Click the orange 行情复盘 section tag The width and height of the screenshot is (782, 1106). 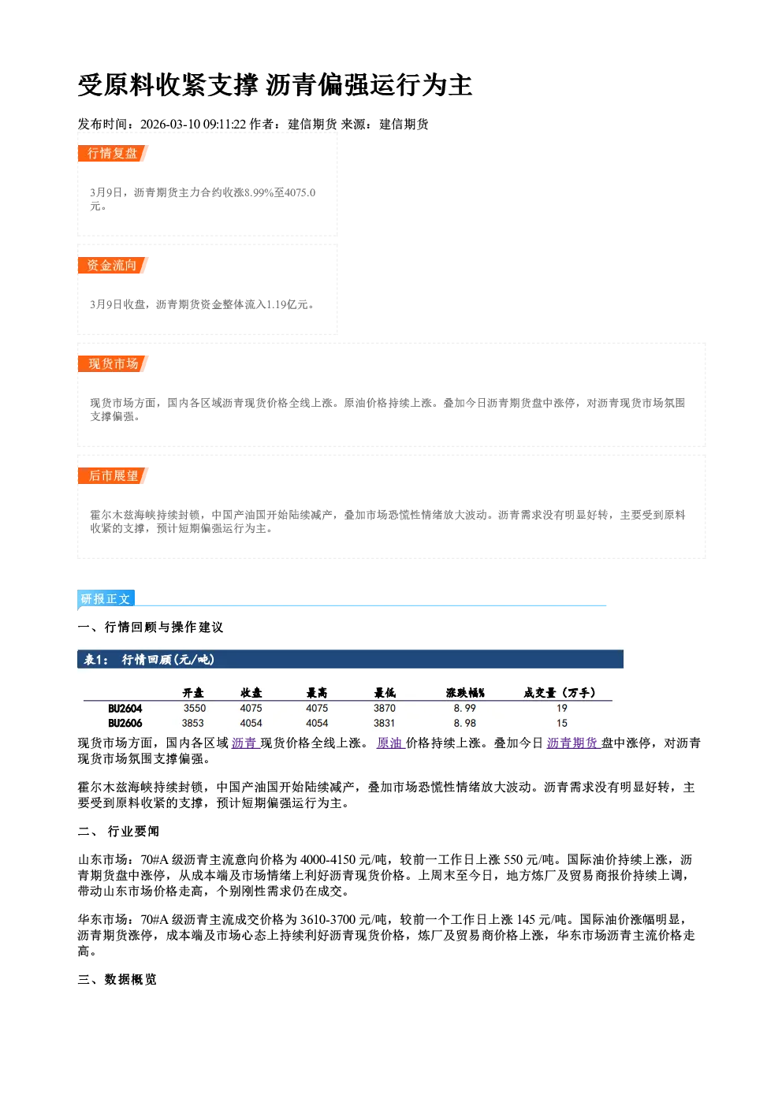(113, 153)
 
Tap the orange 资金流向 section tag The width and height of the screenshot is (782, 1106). (113, 265)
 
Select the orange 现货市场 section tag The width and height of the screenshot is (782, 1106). (113, 364)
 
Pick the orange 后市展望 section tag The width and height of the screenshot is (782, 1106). (113, 476)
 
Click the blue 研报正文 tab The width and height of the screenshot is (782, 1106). (106, 598)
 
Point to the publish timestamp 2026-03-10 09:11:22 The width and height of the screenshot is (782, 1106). (193, 124)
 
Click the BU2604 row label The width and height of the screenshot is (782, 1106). (125, 709)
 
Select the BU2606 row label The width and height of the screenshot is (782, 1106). (125, 724)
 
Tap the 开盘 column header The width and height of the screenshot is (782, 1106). (193, 693)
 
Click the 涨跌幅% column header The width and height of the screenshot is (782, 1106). (465, 693)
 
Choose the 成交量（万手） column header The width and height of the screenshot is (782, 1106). (560, 693)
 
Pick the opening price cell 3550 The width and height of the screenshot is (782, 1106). (195, 708)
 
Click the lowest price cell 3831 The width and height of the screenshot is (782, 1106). (384, 723)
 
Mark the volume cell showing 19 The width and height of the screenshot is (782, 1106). (562, 708)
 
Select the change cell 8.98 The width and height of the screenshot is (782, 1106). (465, 723)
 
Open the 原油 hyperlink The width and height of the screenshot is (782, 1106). (390, 743)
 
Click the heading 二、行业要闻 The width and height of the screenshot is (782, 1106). (118, 832)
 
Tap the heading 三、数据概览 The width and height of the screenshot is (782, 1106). (117, 980)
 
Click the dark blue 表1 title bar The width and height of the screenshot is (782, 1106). (350, 659)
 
